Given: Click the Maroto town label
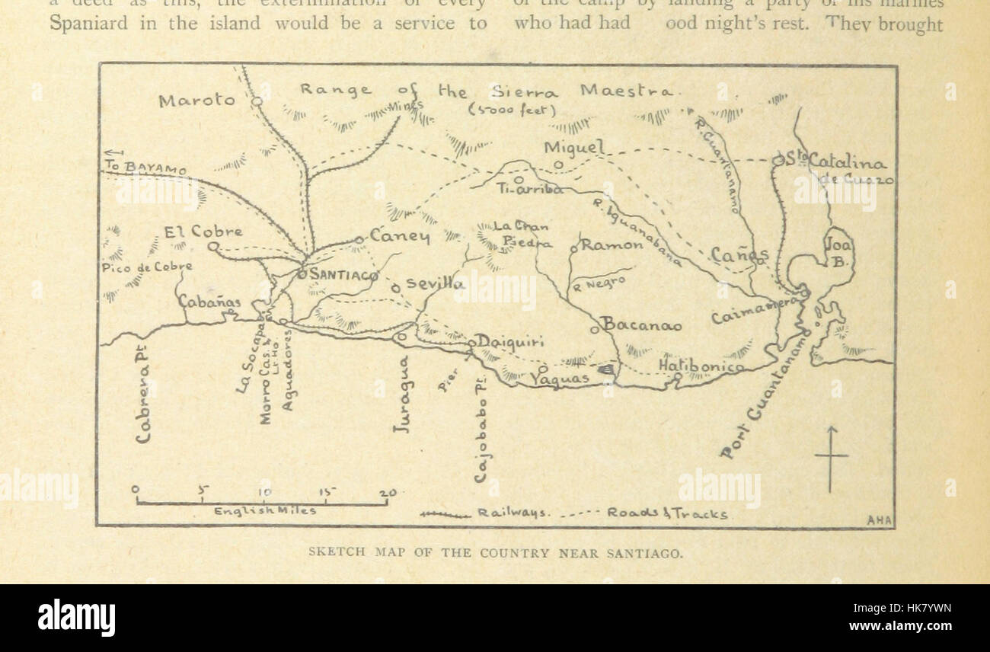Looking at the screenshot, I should (196, 100).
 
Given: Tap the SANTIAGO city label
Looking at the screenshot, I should (343, 275).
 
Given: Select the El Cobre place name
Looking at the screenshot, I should (203, 232).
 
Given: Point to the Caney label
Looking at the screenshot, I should (400, 236).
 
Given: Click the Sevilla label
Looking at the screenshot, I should (435, 283).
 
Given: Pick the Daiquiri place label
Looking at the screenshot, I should (510, 341).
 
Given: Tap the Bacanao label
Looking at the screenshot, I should (641, 325).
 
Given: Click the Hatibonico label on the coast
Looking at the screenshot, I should (701, 366).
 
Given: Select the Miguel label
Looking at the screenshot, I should (573, 147).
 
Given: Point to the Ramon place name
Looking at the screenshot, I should (612, 245).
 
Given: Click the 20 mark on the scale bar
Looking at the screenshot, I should (388, 493).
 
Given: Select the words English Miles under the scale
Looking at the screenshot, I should (264, 511).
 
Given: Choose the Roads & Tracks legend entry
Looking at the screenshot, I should (666, 513).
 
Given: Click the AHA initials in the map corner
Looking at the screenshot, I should (879, 520).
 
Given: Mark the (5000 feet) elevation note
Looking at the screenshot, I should (506, 110).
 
